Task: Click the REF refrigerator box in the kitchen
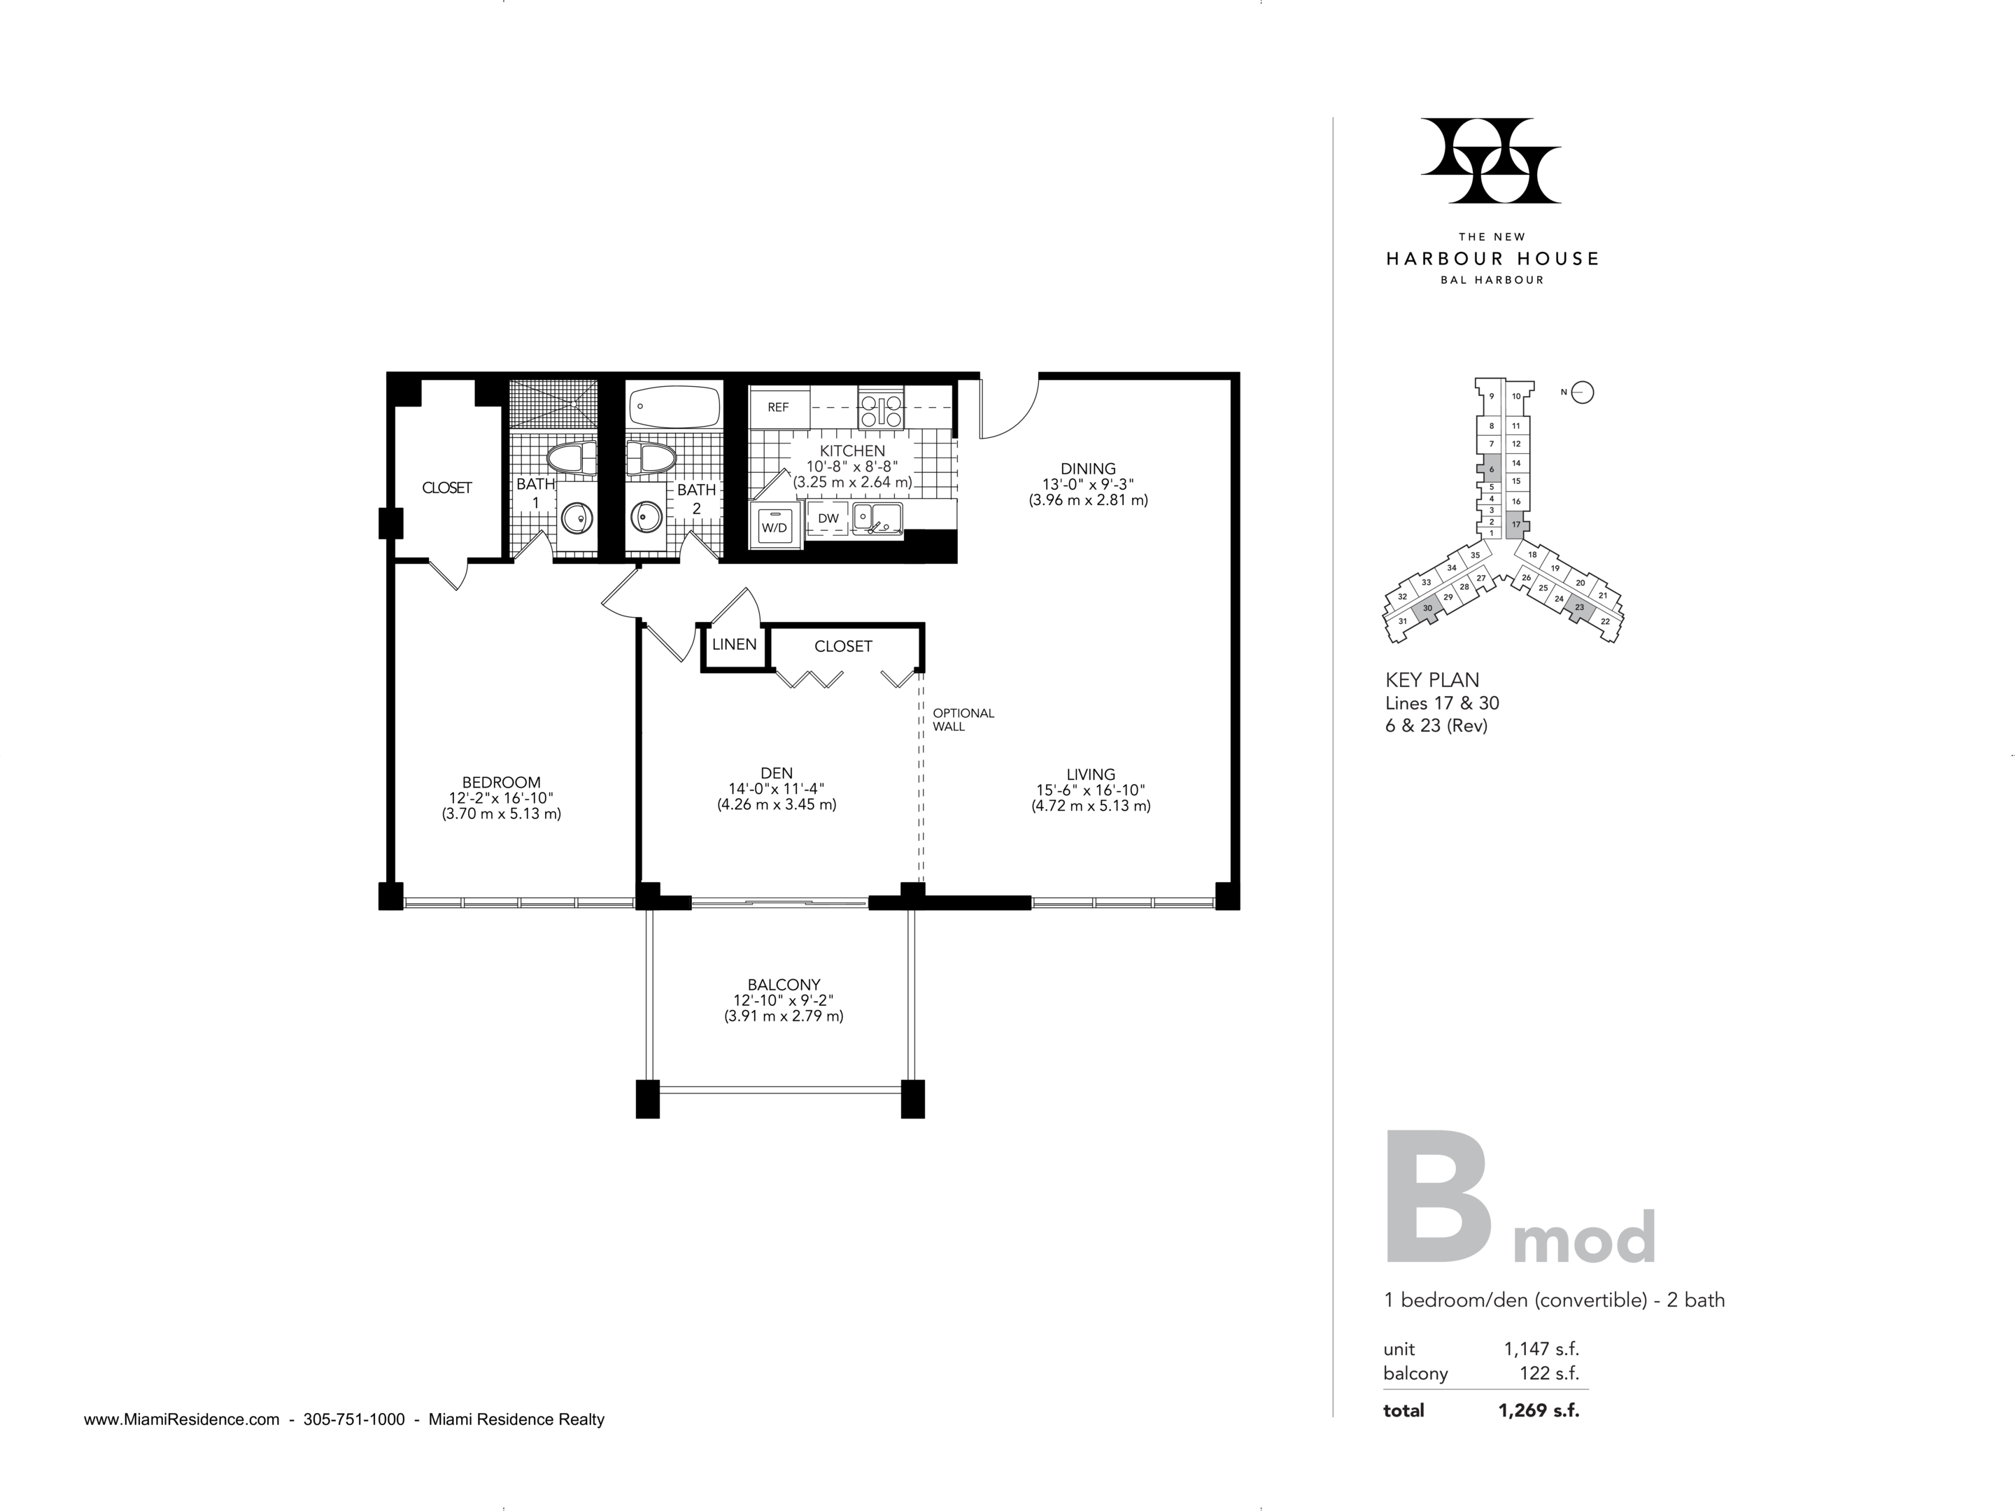point(779,407)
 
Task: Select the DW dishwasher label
point(828,518)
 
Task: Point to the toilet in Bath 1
point(570,457)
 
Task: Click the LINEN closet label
point(734,644)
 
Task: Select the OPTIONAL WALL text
point(963,720)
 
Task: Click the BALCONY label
point(784,984)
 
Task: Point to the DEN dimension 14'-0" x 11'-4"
point(776,789)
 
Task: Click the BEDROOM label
point(501,781)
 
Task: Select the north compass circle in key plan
point(1583,392)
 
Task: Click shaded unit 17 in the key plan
point(1516,524)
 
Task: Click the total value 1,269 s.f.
point(1539,1410)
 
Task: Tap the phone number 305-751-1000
point(353,1419)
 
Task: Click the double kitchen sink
point(877,518)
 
